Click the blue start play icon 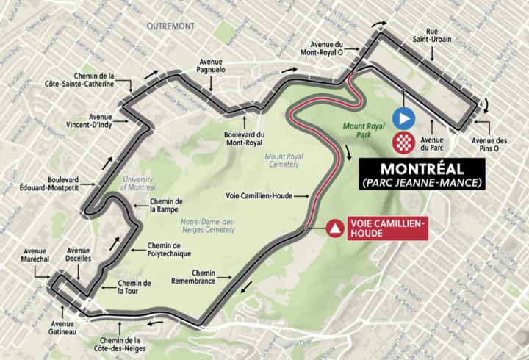(404, 118)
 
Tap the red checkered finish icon (404, 142)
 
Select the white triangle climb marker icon (335, 228)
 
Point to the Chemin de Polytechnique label (169, 250)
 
